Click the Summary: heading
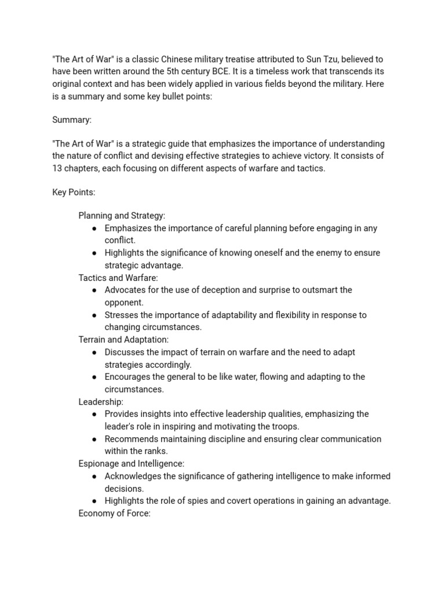[72, 119]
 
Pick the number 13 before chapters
[58, 169]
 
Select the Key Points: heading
[74, 192]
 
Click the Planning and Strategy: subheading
[122, 215]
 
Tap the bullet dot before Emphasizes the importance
[94, 228]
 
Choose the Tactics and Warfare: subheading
[118, 277]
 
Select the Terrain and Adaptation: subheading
[123, 339]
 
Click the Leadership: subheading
[101, 401]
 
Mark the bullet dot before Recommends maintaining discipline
[94, 439]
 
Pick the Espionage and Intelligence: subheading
[132, 463]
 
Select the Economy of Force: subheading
[114, 513]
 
